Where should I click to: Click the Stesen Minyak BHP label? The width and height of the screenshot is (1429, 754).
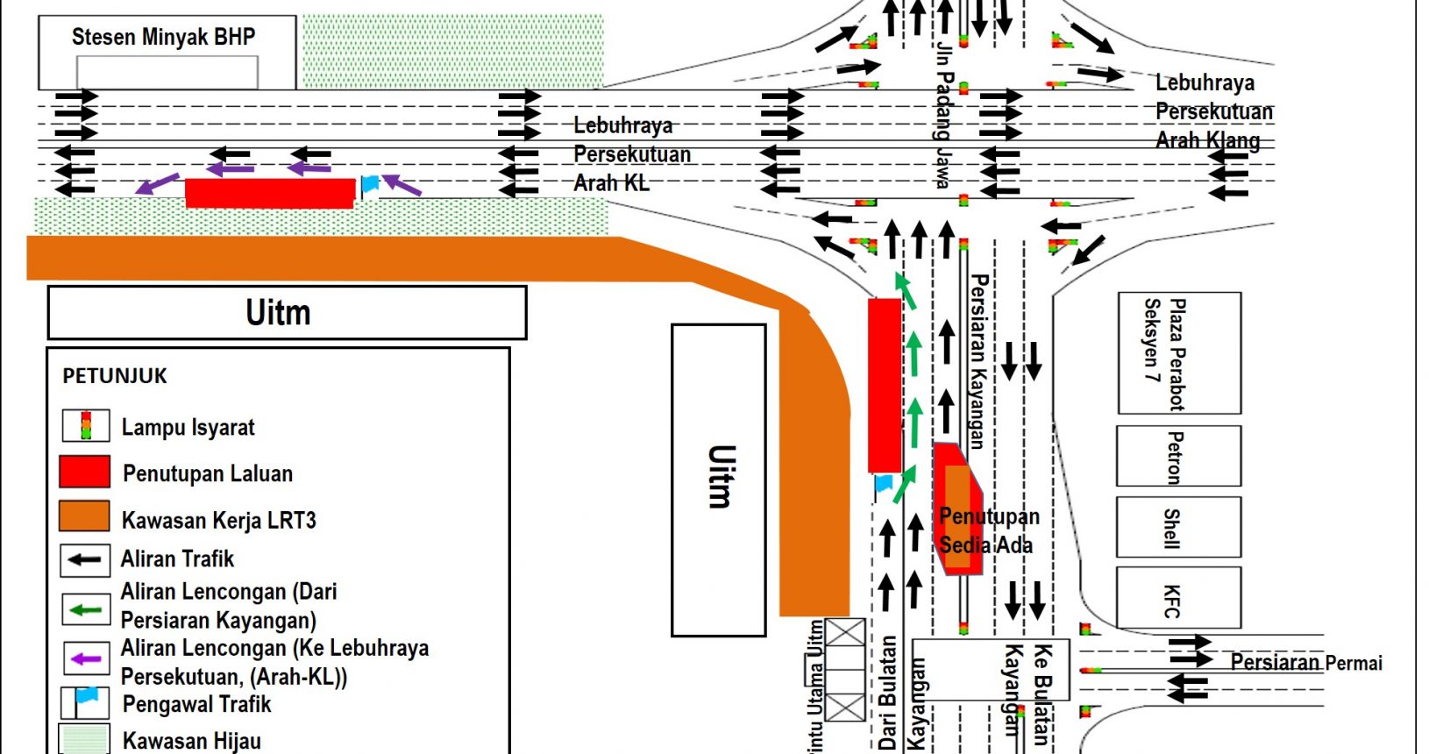163,37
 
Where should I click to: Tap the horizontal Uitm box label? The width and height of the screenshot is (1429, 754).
278,313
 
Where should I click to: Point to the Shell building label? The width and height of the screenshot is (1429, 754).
1171,528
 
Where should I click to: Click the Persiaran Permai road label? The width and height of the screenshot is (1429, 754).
1305,662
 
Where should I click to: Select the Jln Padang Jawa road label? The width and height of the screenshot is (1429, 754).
943,114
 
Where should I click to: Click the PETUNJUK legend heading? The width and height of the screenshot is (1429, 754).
115,376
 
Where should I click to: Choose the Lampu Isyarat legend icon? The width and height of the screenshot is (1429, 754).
85,425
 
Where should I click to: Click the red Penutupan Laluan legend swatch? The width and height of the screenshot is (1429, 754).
84,472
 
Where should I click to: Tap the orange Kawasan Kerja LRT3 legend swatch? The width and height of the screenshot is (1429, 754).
84,517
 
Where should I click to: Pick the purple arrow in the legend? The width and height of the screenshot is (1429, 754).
85,658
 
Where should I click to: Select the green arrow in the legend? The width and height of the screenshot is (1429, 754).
85,609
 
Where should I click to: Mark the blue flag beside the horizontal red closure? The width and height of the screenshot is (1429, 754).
370,184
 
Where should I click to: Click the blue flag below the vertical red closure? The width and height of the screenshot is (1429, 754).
884,483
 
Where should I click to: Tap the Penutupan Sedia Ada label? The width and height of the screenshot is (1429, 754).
987,530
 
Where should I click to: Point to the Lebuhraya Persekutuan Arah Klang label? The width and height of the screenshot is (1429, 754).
1212,111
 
